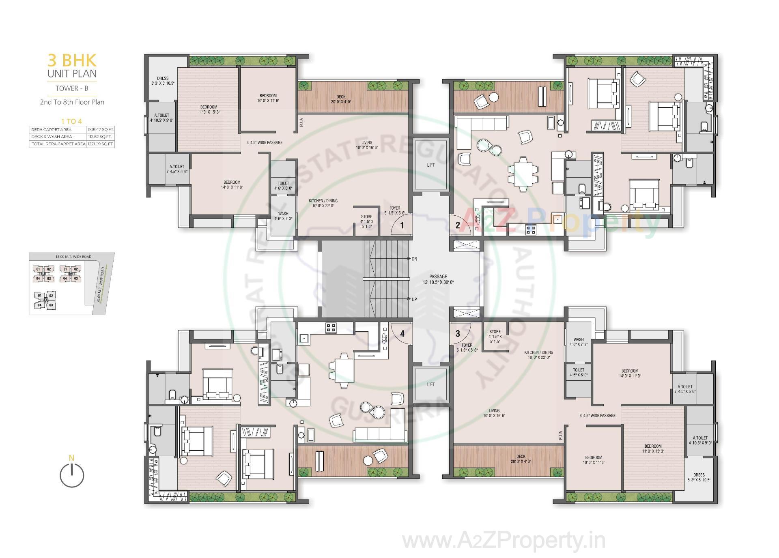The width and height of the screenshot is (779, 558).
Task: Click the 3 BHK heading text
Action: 72,61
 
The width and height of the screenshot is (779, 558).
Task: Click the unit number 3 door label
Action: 458,334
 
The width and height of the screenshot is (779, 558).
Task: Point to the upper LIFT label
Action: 431,165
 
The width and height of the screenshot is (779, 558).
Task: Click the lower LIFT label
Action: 431,384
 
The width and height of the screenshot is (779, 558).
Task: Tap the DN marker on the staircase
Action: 414,259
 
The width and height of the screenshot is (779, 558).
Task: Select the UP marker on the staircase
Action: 414,299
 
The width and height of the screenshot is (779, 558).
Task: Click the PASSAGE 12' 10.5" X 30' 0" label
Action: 438,279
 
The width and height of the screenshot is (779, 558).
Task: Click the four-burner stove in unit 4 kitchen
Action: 331,328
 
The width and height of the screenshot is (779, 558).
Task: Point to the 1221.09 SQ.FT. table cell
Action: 100,144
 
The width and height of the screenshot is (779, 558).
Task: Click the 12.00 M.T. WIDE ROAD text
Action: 73,257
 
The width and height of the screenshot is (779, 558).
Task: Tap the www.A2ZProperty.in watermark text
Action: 504,541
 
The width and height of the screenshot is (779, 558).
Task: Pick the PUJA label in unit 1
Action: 301,122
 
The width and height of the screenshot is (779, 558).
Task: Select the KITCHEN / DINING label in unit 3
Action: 538,355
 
